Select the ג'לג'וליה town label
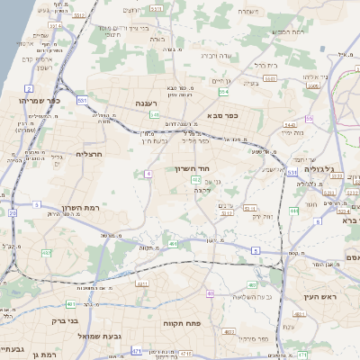319,168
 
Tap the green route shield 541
155,115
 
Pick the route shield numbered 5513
157,8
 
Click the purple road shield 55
310,118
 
